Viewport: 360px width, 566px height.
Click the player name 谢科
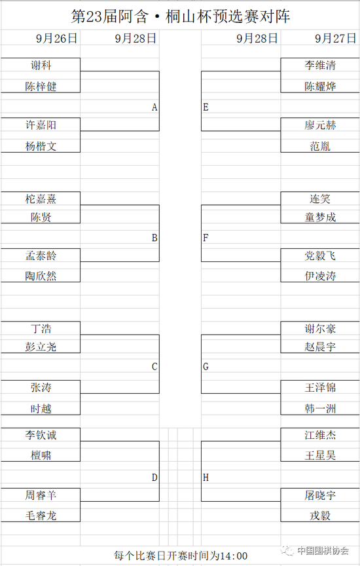pyautogui.click(x=41, y=66)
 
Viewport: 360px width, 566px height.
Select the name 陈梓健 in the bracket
pyautogui.click(x=41, y=86)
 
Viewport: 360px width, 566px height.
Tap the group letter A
pyautogui.click(x=154, y=107)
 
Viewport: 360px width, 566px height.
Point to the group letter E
pyautogui.click(x=206, y=107)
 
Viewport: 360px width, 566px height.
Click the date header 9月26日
pyautogui.click(x=57, y=38)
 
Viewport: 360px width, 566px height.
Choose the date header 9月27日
pyautogui.click(x=336, y=38)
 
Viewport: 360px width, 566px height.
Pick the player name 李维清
pyautogui.click(x=320, y=66)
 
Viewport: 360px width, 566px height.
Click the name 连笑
pyautogui.click(x=320, y=199)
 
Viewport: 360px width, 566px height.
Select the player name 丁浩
pyautogui.click(x=41, y=329)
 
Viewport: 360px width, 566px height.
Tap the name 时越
pyautogui.click(x=41, y=409)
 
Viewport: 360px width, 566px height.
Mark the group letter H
pyautogui.click(x=206, y=478)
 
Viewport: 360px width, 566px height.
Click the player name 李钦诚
pyautogui.click(x=41, y=435)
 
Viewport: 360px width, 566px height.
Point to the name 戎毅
pyautogui.click(x=320, y=516)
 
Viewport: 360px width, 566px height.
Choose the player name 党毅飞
pyautogui.click(x=320, y=256)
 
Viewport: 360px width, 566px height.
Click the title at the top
pyautogui.click(x=181, y=16)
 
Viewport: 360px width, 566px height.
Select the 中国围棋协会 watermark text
pyautogui.click(x=323, y=550)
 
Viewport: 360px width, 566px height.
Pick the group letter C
pyautogui.click(x=154, y=367)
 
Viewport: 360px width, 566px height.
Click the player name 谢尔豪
pyautogui.click(x=320, y=329)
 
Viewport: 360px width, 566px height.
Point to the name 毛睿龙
pyautogui.click(x=41, y=516)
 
